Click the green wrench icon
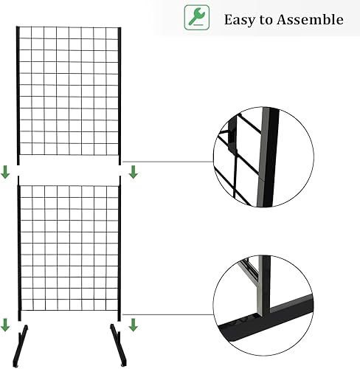click(197, 18)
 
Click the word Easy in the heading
click(240, 20)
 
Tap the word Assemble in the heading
click(310, 19)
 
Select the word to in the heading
click(266, 20)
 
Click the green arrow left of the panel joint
click(5, 172)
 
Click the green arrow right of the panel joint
click(134, 172)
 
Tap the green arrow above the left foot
click(5, 325)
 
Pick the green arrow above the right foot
click(134, 325)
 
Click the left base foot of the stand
click(20, 346)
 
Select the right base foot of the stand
click(119, 345)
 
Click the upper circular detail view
click(263, 157)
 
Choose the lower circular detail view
click(263, 306)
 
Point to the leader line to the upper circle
click(167, 162)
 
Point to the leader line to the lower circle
click(167, 314)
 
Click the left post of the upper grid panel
click(18, 95)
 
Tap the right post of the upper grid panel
click(120, 96)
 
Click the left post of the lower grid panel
click(19, 249)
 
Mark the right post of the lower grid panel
click(120, 249)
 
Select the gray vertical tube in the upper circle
click(262, 157)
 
